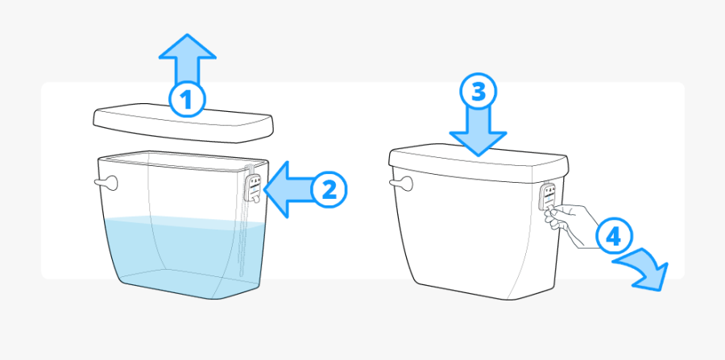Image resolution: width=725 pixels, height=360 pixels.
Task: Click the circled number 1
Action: tap(186, 101)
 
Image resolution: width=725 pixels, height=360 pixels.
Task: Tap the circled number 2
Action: tap(328, 190)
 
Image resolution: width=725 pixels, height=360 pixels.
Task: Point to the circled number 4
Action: tap(613, 237)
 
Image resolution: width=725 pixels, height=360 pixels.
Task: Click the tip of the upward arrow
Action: tap(187, 37)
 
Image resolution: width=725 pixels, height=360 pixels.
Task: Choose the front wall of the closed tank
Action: tap(475, 234)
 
